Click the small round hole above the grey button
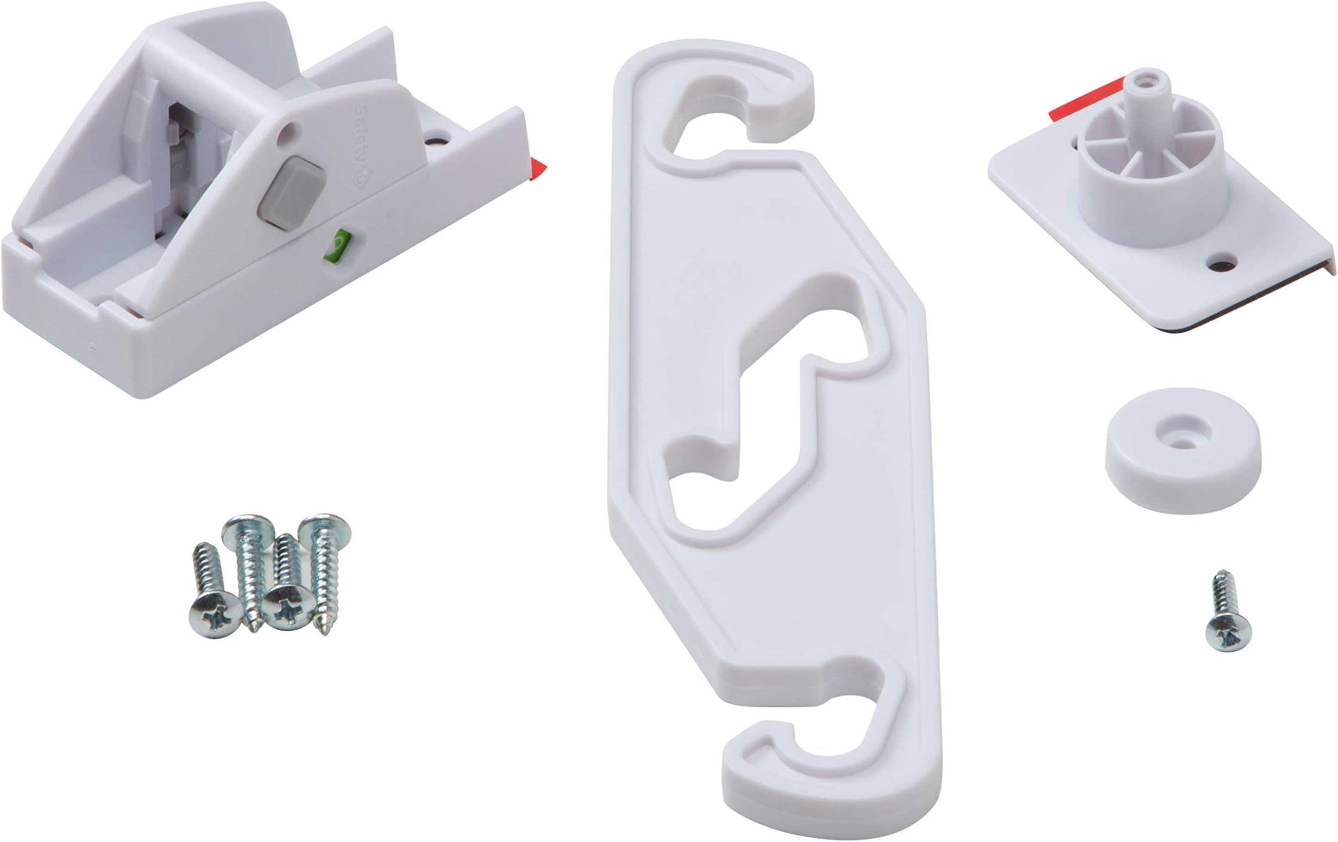coord(288,132)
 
